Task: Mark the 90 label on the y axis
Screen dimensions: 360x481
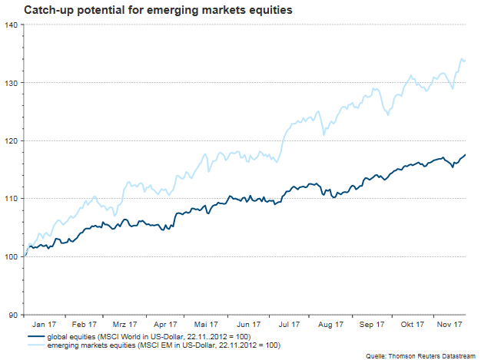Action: tap(13, 314)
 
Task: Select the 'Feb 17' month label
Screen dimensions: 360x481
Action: tap(85, 325)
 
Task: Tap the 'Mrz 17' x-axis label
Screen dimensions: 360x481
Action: tap(125, 325)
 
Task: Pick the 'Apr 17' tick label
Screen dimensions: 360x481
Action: tap(166, 325)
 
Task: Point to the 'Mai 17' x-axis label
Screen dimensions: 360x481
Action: tap(206, 325)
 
